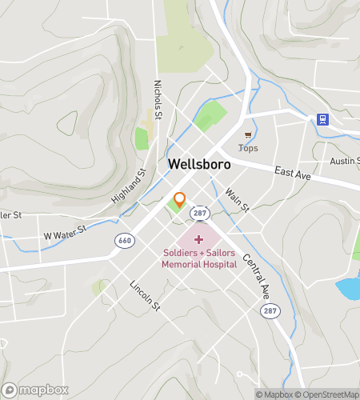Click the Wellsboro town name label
(x=199, y=164)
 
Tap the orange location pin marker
(x=180, y=201)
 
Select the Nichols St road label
(x=158, y=95)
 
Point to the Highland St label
(x=130, y=185)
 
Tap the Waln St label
(x=238, y=199)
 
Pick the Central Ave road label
(x=254, y=274)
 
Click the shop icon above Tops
(x=249, y=134)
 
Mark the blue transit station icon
(x=322, y=119)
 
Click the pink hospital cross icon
(x=198, y=239)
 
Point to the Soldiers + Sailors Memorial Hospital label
(x=198, y=259)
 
